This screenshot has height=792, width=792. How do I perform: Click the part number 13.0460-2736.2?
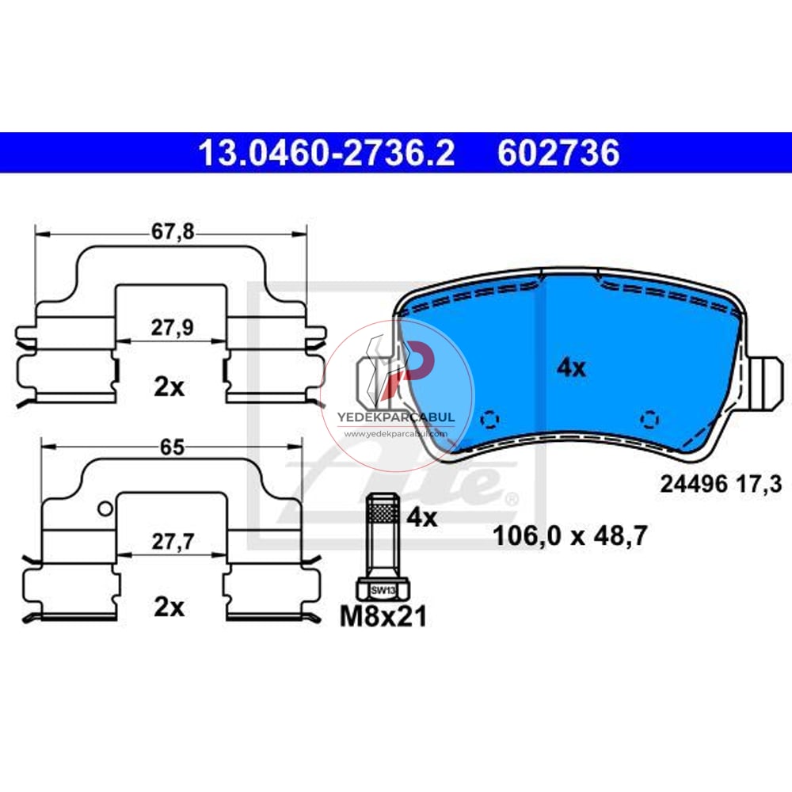(x=326, y=153)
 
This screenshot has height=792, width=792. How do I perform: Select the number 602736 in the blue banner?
(x=558, y=153)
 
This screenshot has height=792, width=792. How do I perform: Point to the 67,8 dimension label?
(x=173, y=232)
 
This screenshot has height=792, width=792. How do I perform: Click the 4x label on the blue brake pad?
(x=571, y=367)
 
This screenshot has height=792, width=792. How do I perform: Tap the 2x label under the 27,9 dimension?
(x=169, y=387)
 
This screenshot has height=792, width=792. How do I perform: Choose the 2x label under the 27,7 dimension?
(x=169, y=607)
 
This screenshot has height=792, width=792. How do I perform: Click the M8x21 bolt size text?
(x=383, y=615)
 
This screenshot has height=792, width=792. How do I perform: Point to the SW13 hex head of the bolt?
(x=383, y=588)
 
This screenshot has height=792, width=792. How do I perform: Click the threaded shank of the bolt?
(x=383, y=527)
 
